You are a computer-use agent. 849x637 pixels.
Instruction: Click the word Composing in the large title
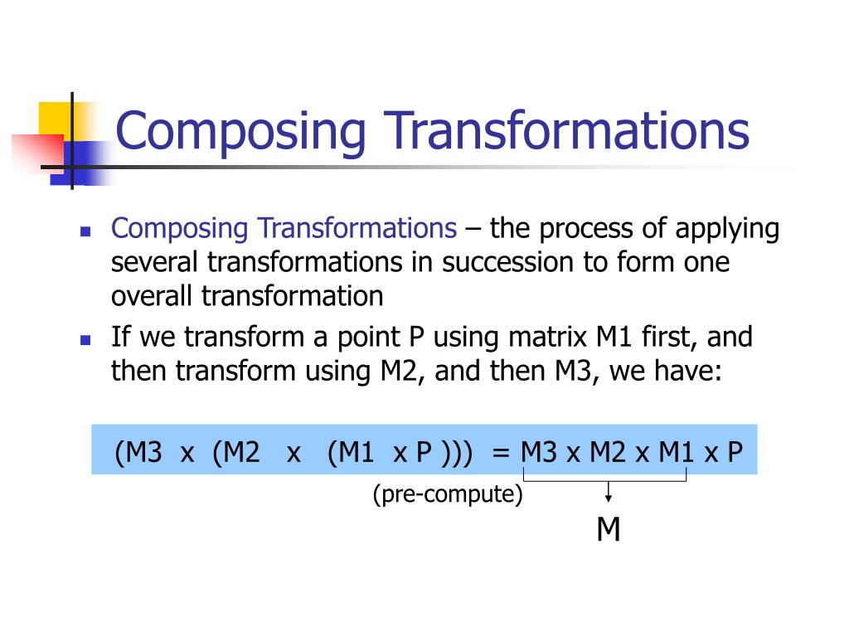(241, 133)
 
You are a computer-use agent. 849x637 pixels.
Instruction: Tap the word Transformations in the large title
(566, 130)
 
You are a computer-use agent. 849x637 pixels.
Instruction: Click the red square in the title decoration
(38, 153)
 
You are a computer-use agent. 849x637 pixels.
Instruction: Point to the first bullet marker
(85, 232)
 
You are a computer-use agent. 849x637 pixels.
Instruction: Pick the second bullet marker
(85, 340)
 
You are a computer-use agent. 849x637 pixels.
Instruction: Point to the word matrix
(547, 337)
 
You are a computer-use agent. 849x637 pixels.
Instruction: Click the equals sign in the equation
(501, 453)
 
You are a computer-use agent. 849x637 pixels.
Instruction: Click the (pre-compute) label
(448, 494)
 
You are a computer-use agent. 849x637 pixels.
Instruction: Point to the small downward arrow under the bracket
(609, 492)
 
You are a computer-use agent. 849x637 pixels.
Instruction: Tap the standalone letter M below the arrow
(608, 529)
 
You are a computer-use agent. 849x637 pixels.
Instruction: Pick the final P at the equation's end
(735, 452)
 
